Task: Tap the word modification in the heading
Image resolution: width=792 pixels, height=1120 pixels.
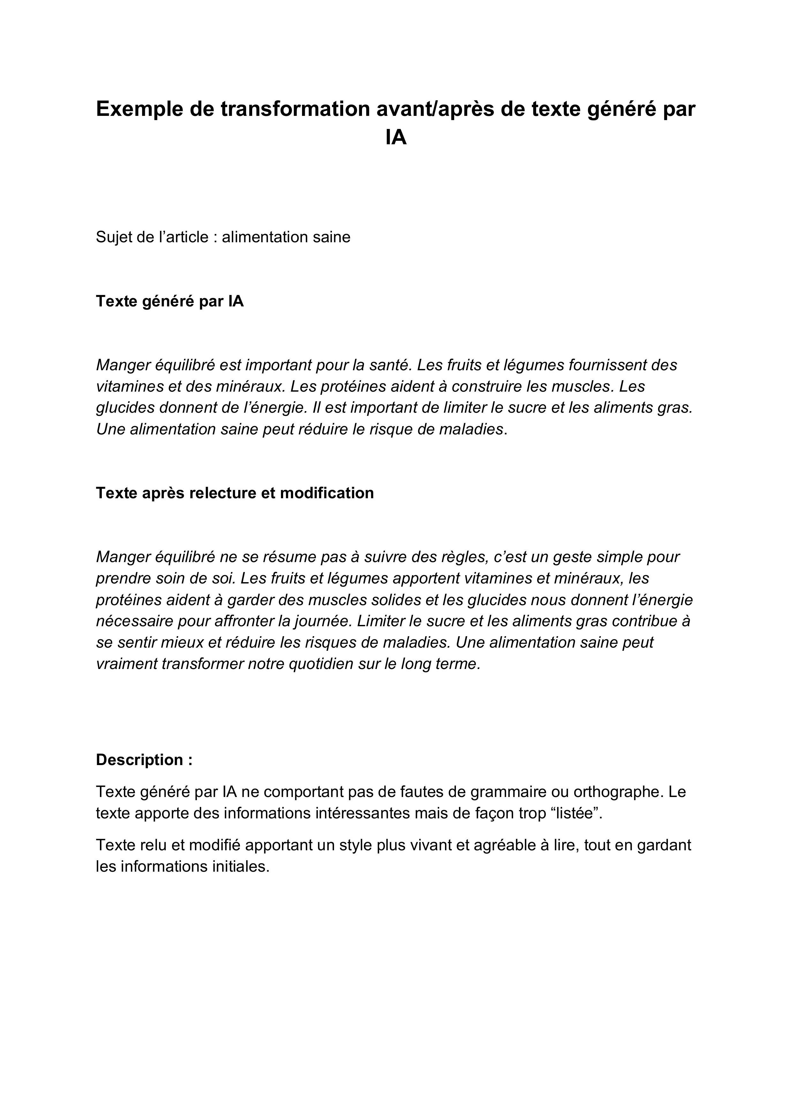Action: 327,493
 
